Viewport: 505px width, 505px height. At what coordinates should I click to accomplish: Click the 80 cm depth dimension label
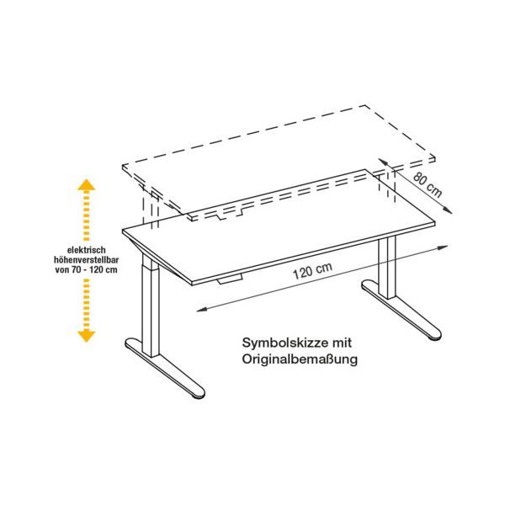pos(428,185)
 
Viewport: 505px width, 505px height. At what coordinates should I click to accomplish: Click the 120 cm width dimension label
pos(312,271)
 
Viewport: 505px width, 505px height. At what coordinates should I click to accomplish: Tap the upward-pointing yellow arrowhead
pos(87,184)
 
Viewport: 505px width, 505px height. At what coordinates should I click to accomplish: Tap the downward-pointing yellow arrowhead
pos(87,336)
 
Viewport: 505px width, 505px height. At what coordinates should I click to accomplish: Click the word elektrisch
pos(87,250)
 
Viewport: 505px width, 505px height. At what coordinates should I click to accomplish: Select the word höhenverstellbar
pos(87,259)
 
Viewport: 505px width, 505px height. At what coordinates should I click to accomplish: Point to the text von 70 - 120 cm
pos(87,269)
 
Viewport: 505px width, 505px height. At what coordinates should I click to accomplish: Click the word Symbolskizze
pos(282,343)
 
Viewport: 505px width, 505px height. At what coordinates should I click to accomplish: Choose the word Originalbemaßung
pos(300,359)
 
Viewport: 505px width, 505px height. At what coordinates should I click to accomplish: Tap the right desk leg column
pos(387,268)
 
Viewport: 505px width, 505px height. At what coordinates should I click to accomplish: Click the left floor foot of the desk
pos(164,368)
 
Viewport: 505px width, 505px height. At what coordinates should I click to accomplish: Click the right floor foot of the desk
pos(401,310)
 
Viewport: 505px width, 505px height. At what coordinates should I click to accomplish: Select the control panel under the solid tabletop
pos(230,279)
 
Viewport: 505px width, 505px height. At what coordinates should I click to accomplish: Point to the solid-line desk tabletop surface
pos(279,226)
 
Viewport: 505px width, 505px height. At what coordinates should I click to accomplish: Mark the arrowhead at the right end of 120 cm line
pos(444,247)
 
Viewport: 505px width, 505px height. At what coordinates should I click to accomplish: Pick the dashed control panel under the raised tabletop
pos(230,215)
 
